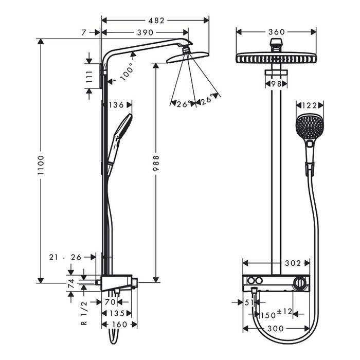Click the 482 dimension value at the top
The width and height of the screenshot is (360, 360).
tap(156, 21)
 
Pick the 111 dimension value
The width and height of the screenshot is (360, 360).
tap(89, 77)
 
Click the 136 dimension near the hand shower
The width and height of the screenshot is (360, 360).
tap(116, 105)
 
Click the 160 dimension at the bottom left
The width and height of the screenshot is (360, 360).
tap(119, 325)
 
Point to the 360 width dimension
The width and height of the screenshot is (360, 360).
tap(277, 32)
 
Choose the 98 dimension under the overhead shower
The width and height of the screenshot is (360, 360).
tap(276, 83)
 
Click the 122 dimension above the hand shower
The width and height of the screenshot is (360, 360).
tap(311, 105)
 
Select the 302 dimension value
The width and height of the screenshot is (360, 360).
tap(293, 263)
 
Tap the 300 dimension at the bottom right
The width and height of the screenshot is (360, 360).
tap(277, 328)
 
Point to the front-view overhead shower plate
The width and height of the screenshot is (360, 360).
tap(276, 58)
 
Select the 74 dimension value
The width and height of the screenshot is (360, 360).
tap(71, 282)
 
